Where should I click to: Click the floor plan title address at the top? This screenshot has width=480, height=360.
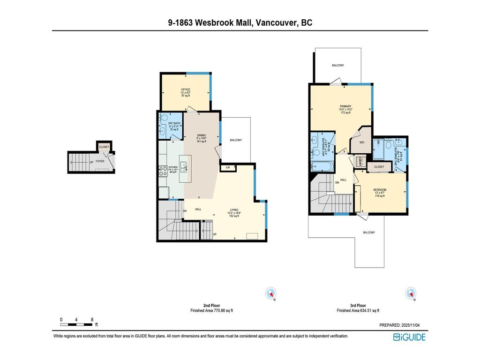pyautogui.click(x=240, y=22)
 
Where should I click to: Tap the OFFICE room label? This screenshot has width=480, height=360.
pyautogui.click(x=186, y=90)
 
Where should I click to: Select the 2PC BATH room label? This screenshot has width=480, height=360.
pyautogui.click(x=174, y=124)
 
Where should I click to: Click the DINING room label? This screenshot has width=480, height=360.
pyautogui.click(x=202, y=135)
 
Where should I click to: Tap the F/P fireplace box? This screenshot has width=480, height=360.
pyautogui.click(x=228, y=168)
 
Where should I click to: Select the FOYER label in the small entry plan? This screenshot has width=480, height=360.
pyautogui.click(x=100, y=161)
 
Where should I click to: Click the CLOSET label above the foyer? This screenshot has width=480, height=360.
pyautogui.click(x=104, y=147)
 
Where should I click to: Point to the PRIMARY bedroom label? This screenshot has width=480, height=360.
pyautogui.click(x=345, y=106)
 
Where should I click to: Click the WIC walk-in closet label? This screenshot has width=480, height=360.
pyautogui.click(x=362, y=142)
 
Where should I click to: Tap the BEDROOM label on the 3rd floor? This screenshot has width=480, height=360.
pyautogui.click(x=380, y=190)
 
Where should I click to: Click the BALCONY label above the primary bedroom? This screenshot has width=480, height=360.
pyautogui.click(x=338, y=65)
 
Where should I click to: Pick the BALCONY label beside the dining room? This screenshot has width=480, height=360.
pyautogui.click(x=236, y=140)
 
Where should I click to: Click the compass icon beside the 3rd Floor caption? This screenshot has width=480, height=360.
pyautogui.click(x=411, y=293)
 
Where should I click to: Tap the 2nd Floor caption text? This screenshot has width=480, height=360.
pyautogui.click(x=211, y=306)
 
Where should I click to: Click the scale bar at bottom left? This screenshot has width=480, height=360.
pyautogui.click(x=76, y=324)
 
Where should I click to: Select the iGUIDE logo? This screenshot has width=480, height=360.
pyautogui.click(x=409, y=337)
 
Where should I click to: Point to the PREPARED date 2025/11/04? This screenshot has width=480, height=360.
pyautogui.click(x=403, y=325)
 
